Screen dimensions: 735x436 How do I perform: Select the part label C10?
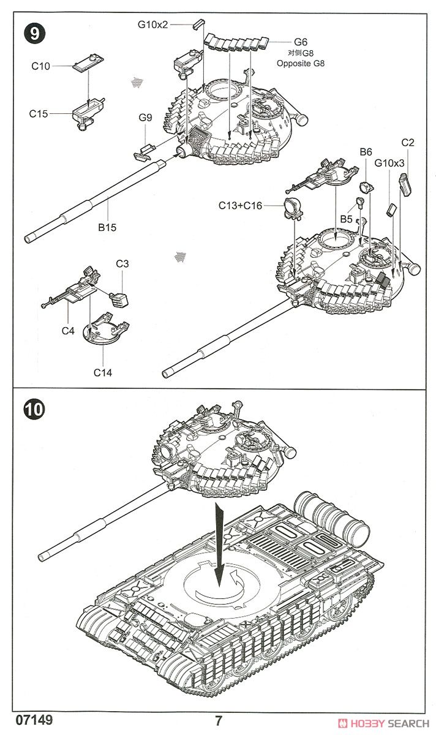point(40,66)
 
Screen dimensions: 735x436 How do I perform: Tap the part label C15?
point(40,113)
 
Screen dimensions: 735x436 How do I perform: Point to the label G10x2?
point(152,25)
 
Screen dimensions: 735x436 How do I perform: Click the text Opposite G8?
point(300,64)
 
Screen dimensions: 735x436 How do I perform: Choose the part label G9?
point(145,117)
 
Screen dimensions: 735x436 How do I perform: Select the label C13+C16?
point(240,206)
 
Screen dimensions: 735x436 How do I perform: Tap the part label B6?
point(366,151)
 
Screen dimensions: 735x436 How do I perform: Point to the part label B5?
point(347,218)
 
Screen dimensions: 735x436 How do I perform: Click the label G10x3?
point(389,164)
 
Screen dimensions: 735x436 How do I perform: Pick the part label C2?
point(408,142)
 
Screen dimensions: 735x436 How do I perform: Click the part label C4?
point(68,331)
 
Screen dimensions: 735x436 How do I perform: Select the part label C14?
point(103,372)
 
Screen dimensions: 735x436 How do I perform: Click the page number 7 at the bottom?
point(219,721)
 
